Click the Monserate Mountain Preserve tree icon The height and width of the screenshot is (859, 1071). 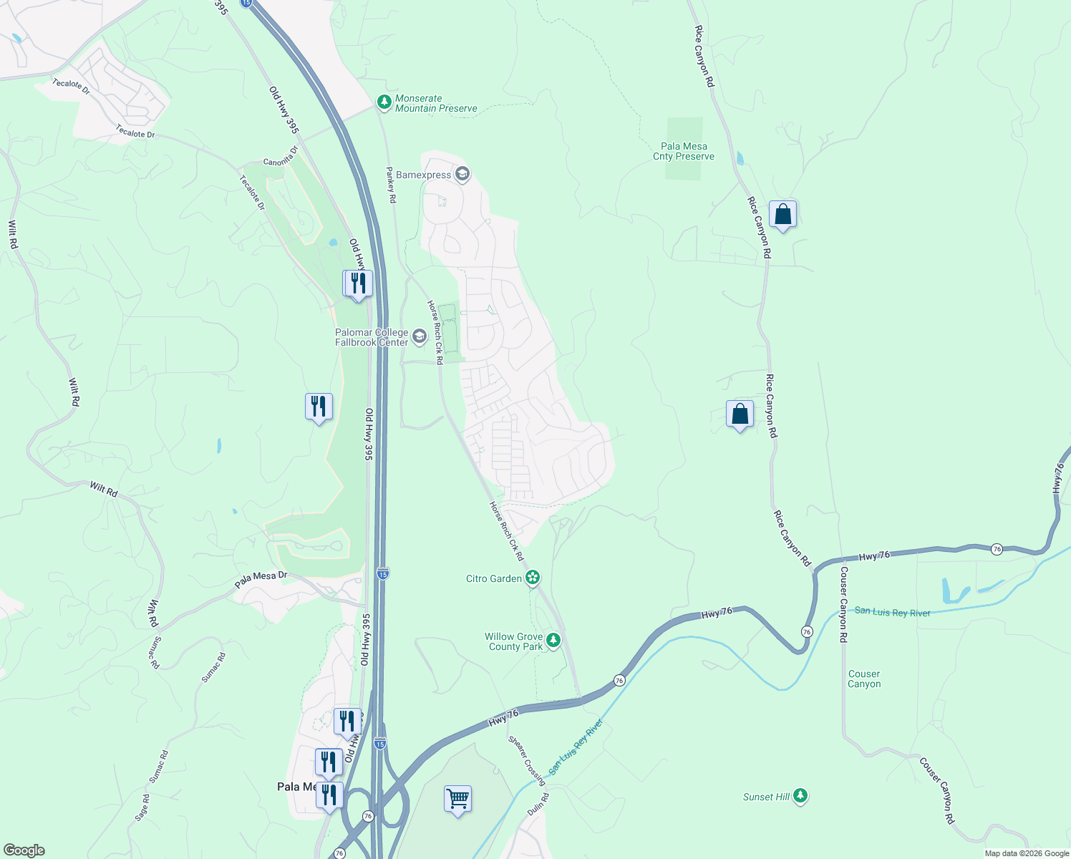(384, 103)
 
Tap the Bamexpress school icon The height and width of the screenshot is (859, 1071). (462, 175)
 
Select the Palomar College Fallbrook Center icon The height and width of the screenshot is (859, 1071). (419, 336)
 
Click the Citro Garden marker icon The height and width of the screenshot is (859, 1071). (532, 578)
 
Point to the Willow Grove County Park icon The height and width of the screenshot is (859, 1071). (553, 641)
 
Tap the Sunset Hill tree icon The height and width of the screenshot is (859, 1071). (800, 796)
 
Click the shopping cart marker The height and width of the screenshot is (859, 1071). (457, 797)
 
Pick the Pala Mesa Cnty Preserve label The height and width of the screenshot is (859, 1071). (683, 151)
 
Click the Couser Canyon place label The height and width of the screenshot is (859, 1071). (864, 679)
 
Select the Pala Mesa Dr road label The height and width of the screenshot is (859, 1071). (261, 580)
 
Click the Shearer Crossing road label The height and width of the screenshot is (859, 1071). (527, 760)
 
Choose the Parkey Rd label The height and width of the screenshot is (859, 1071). (391, 185)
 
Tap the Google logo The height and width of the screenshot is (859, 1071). (24, 850)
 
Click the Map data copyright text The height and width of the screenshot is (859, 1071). (1027, 853)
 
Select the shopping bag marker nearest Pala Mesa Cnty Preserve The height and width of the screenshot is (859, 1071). (782, 214)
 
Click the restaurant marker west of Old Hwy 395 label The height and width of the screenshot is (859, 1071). (319, 407)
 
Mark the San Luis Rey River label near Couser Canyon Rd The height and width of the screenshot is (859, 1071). (892, 612)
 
